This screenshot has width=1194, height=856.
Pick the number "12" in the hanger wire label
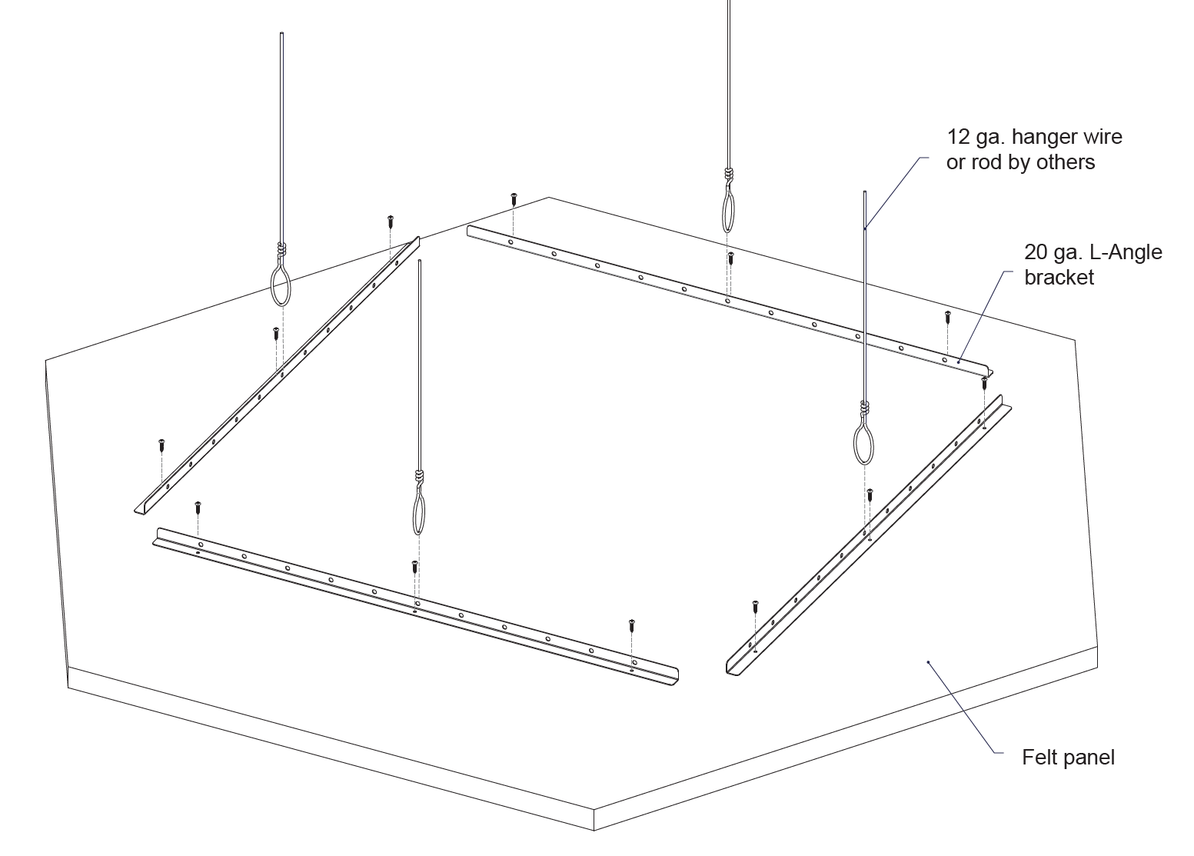958,137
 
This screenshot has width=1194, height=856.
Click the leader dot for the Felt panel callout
929,661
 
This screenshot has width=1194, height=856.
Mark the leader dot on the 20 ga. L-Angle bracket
958,361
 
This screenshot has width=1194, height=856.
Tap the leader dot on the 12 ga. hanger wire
865,228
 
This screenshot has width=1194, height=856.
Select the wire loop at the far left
281,285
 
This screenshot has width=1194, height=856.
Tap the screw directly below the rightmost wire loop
870,494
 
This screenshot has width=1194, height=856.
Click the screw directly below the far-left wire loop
275,333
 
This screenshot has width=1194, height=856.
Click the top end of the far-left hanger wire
282,34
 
